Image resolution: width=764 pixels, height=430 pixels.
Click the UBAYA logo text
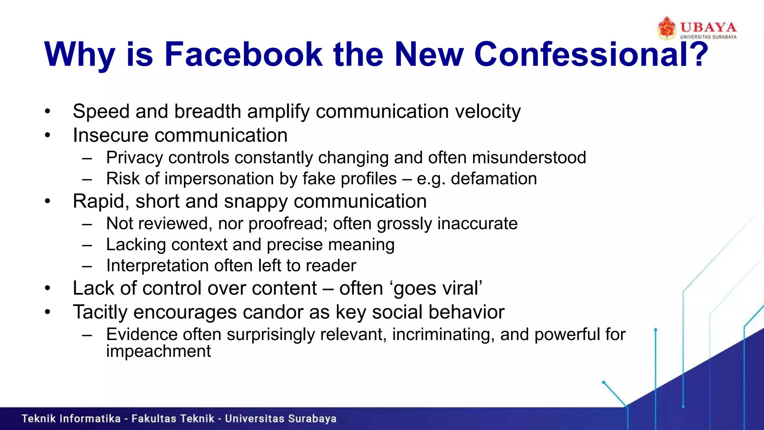click(708, 27)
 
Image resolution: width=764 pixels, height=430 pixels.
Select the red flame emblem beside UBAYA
click(667, 28)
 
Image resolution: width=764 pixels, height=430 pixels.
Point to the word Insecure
click(110, 135)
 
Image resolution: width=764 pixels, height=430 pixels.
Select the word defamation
click(494, 179)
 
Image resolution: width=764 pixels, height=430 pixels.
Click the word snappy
click(256, 202)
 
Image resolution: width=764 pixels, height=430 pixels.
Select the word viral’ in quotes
click(462, 289)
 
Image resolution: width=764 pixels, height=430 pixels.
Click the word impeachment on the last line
click(159, 351)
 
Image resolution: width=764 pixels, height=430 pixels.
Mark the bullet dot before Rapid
click(47, 202)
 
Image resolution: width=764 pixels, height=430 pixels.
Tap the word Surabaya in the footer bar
click(312, 419)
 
